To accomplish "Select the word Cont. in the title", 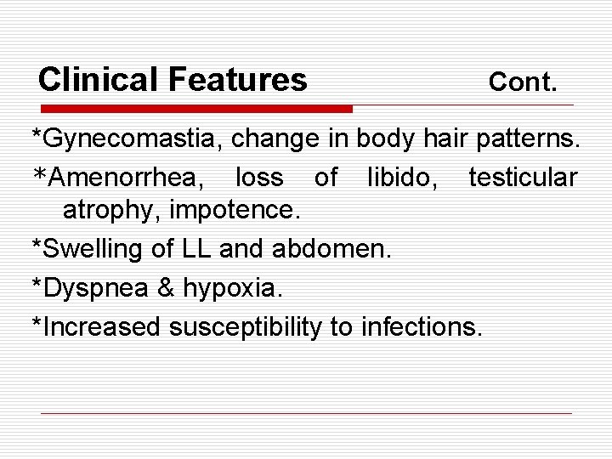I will click(x=524, y=82).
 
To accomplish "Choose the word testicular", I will click(x=522, y=178).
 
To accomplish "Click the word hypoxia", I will click(x=229, y=287).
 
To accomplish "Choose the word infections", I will click(x=422, y=326).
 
